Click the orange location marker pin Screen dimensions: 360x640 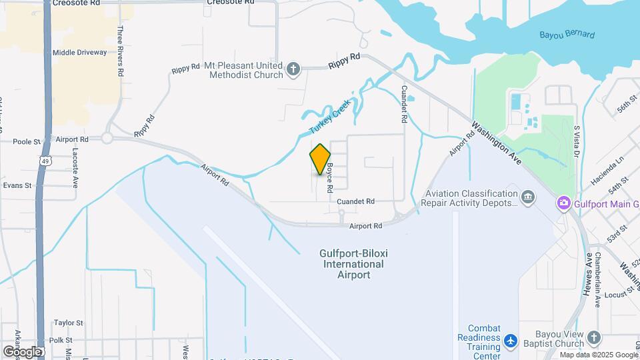pos(320,159)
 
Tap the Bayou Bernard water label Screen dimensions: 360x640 pos(567,35)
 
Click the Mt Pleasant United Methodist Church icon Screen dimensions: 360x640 pos(293,68)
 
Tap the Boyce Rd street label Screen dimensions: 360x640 pos(329,179)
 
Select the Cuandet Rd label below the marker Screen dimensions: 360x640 pos(355,201)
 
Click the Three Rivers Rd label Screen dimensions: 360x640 pos(121,50)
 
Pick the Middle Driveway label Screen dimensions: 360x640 pos(80,52)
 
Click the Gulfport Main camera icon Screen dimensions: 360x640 pos(564,202)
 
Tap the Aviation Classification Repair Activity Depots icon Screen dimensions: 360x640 pos(528,197)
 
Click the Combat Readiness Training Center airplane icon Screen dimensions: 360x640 pos(511,341)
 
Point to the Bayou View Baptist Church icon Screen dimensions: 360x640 pos(595,337)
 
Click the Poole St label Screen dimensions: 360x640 pos(27,141)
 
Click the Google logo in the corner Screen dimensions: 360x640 pos(21,351)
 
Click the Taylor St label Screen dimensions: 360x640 pos(68,323)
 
